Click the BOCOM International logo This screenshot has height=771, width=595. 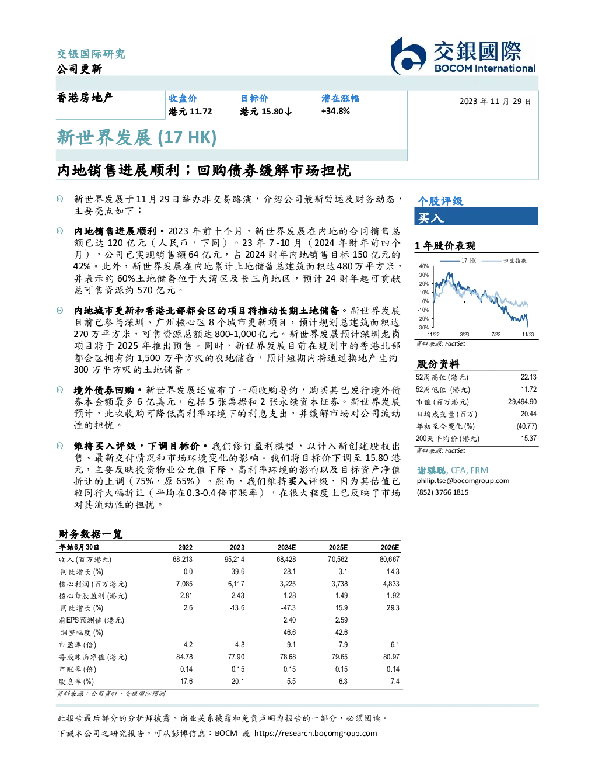(x=463, y=55)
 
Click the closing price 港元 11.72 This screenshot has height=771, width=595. (x=190, y=112)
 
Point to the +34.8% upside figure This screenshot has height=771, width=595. (x=335, y=112)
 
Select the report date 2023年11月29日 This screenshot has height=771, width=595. (x=495, y=102)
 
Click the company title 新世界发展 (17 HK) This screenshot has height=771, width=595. (x=136, y=138)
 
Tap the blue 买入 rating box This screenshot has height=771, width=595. (x=476, y=217)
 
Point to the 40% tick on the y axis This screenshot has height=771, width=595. (x=424, y=266)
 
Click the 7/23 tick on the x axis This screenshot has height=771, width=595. (x=496, y=335)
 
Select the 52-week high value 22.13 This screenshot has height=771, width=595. (x=528, y=377)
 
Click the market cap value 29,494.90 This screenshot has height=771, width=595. (x=522, y=402)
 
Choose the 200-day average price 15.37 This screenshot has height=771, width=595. (x=528, y=439)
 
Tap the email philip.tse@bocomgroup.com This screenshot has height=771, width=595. (x=463, y=481)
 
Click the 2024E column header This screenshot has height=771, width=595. (x=286, y=547)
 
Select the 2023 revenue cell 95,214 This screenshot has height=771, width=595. (x=235, y=560)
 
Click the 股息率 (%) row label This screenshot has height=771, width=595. (x=76, y=682)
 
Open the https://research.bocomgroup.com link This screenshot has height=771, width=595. (x=316, y=734)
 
